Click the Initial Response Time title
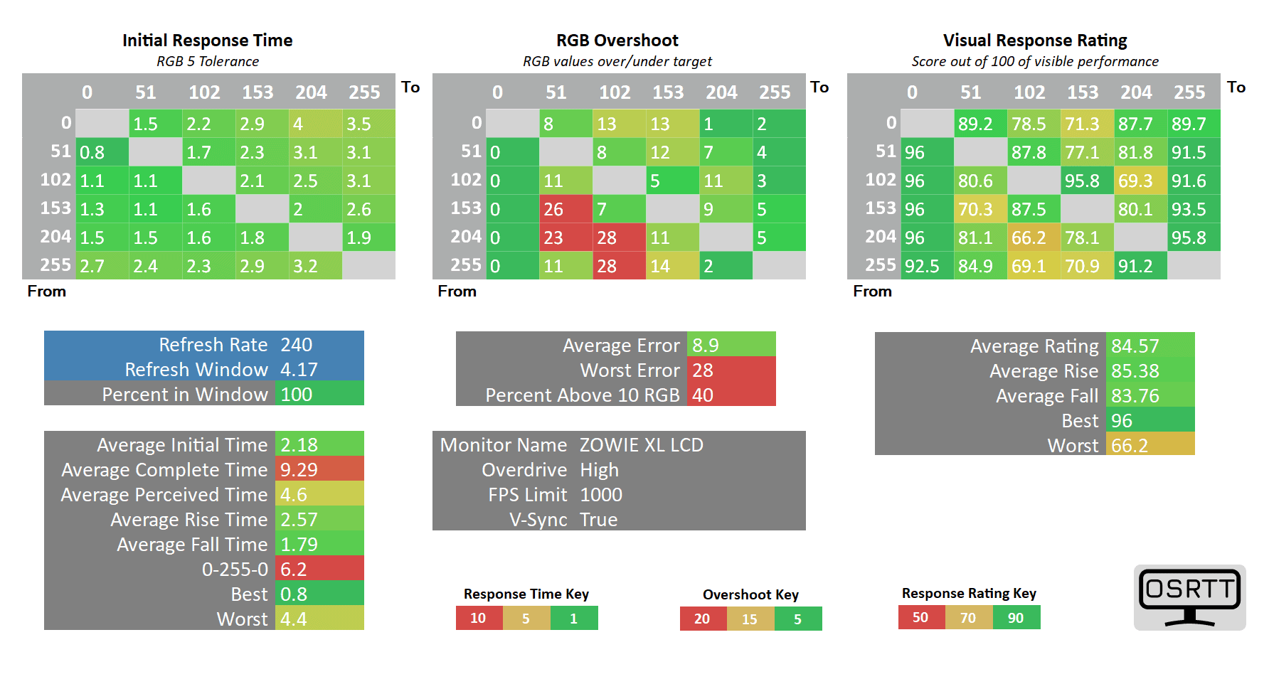coord(207,41)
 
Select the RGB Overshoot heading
coord(617,41)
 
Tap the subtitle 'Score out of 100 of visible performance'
coord(1034,62)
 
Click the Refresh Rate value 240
coord(297,345)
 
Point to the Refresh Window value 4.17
coord(299,370)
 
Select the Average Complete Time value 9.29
coord(299,470)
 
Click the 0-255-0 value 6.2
coord(293,570)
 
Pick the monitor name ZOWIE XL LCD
coord(641,445)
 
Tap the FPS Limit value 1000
coord(600,495)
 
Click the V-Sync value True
coord(598,520)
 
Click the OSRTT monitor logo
coord(1189,597)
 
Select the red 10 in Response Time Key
coord(479,619)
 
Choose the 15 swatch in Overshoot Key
coord(750,619)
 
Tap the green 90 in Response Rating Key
coord(1016,618)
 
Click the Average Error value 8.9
coord(706,346)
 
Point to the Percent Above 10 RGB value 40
coord(703,395)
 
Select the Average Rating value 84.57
coord(1135,346)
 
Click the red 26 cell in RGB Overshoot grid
coord(554,210)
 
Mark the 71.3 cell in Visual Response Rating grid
coord(1082,124)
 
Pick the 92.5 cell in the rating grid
coord(922,267)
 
